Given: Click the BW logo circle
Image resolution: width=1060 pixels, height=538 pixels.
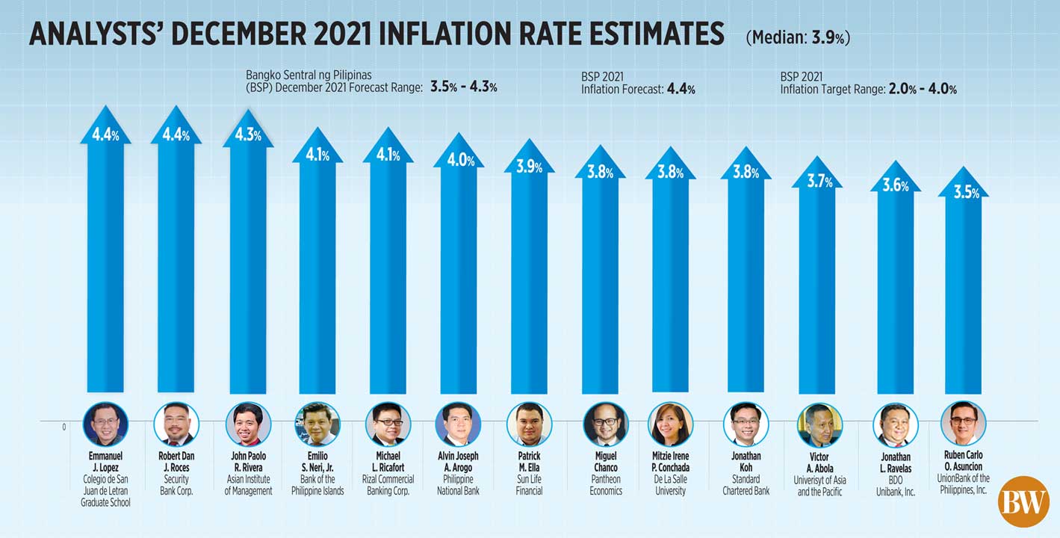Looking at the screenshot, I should coord(1023,501).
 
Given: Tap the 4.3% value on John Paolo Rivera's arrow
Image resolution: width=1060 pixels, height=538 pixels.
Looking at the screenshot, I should coord(248,135).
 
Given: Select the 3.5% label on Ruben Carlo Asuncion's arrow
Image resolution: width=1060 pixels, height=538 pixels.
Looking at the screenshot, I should coord(967,192).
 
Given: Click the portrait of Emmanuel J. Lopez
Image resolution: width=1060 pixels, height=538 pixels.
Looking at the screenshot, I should coord(105,424).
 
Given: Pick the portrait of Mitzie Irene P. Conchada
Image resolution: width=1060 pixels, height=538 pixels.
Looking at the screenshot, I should coord(670,424).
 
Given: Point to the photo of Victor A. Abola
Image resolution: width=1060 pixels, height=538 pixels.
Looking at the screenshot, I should coord(819,424).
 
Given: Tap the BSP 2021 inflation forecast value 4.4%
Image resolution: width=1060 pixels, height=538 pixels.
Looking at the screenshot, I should coord(681,90).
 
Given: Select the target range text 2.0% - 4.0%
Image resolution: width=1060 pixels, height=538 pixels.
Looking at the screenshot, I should coord(922,89).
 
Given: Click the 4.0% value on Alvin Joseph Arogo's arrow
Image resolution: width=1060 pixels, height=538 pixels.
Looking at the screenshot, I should coord(460,160).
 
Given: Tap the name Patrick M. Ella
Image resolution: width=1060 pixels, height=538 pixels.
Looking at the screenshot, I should coord(529,462).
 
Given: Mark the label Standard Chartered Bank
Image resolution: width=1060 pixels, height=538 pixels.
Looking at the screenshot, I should coord(746,485).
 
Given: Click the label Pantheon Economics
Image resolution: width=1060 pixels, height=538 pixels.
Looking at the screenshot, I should coord(606,485).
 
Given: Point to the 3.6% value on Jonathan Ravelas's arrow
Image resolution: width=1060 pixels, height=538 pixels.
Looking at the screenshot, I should coord(895,186).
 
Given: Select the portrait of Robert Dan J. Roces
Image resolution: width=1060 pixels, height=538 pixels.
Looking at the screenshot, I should coord(176,424).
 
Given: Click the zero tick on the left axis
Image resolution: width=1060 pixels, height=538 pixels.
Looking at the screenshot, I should coord(64,427).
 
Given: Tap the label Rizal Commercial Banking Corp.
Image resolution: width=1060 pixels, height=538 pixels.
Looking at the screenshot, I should coord(388,485).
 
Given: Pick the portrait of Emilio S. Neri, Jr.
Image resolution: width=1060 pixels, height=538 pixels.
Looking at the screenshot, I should coord(317,424).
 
